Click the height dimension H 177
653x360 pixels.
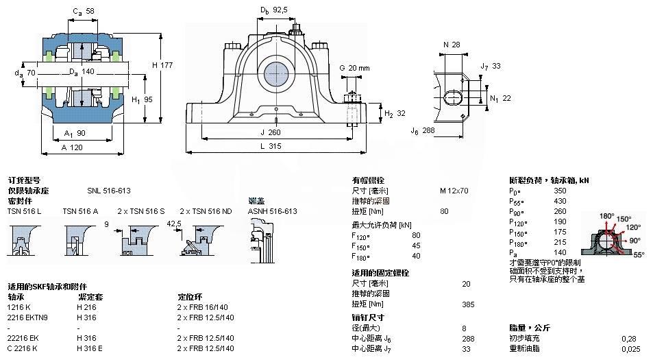tap(161, 64)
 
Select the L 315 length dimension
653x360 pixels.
tap(276, 147)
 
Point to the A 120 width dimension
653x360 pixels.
tap(73, 147)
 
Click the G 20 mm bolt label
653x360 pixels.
tap(354, 68)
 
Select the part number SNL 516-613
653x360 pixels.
tap(108, 191)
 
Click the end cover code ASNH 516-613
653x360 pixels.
tap(272, 211)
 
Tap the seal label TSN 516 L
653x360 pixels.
tap(25, 211)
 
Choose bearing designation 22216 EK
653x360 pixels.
tap(24, 338)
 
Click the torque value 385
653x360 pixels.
tap(468, 304)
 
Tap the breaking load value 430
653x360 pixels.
tap(560, 201)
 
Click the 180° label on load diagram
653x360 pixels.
tap(606, 216)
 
